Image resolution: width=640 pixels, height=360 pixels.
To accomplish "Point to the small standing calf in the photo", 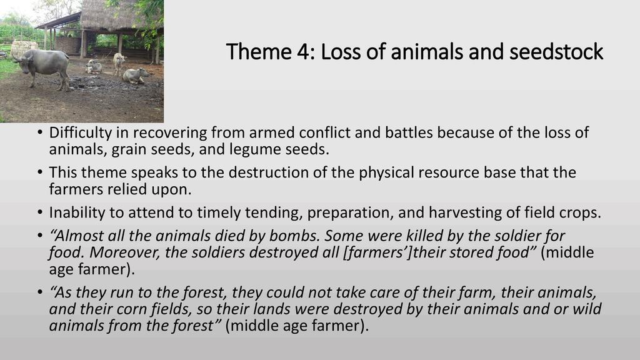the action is click(119, 64).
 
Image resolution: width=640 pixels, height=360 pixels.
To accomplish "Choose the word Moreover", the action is click(124, 252).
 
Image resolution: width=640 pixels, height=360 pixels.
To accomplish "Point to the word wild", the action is click(587, 309).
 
